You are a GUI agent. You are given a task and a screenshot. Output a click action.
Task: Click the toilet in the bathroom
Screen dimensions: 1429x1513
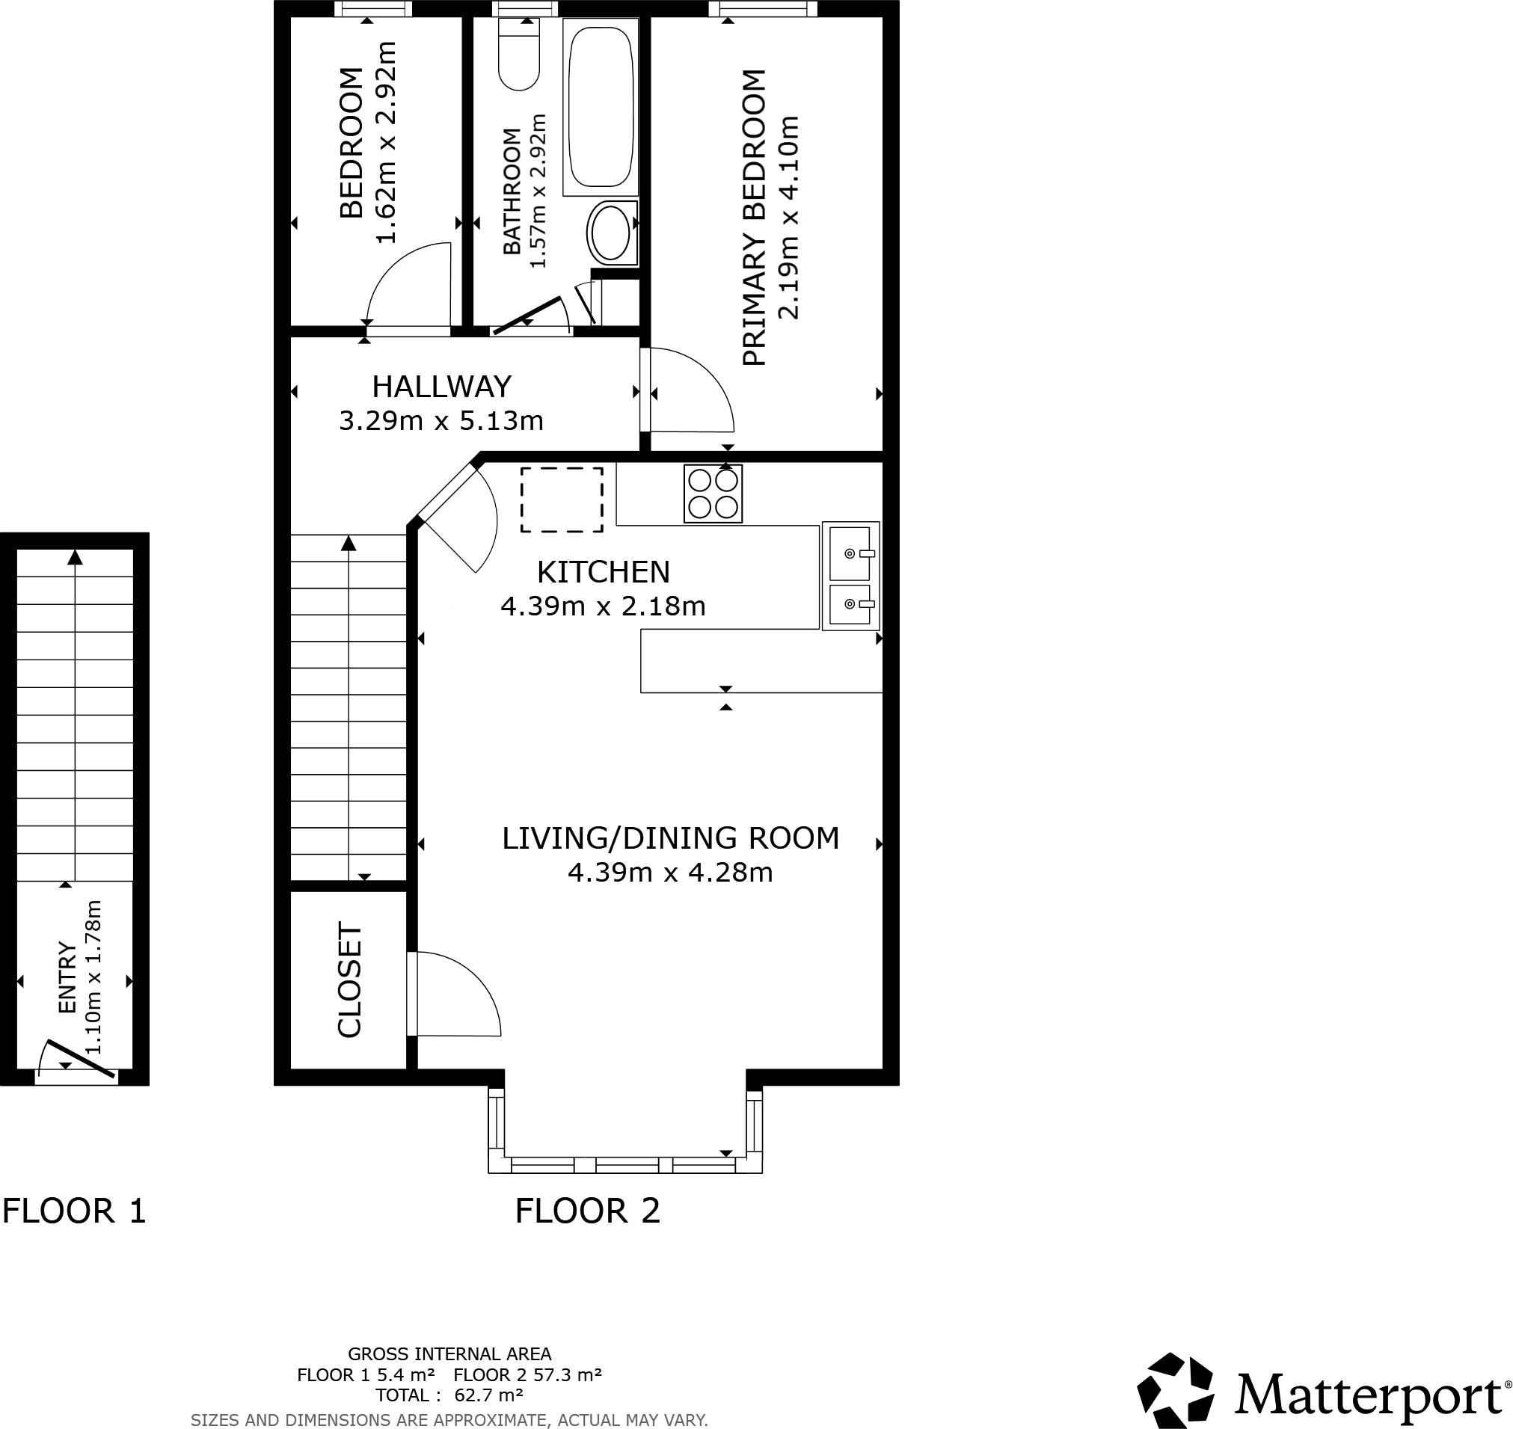[519, 57]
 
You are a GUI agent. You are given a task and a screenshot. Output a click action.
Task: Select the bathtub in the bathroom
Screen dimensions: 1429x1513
[601, 107]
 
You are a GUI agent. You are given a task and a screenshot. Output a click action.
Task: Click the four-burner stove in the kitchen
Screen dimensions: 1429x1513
[712, 494]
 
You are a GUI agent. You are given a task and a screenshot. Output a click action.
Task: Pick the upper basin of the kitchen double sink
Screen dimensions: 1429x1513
[849, 553]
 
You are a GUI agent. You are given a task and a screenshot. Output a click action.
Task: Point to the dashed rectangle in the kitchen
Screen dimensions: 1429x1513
[562, 500]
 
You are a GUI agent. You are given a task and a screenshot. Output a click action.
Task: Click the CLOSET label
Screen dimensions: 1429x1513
[350, 980]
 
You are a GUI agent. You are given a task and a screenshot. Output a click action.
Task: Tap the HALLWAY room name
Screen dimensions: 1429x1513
[441, 387]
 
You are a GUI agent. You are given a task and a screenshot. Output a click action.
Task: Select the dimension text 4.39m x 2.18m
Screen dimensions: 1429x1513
[603, 606]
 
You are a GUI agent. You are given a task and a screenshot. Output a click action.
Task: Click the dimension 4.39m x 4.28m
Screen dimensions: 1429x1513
[669, 872]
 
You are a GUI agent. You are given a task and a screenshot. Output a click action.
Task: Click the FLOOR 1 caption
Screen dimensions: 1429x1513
[74, 1211]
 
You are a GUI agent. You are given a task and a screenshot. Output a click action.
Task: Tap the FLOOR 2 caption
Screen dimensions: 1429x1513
[587, 1211]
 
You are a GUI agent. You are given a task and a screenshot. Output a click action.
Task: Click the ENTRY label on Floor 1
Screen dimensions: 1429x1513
[68, 979]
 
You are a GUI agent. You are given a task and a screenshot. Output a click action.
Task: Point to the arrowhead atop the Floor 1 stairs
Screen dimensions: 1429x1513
[75, 558]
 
